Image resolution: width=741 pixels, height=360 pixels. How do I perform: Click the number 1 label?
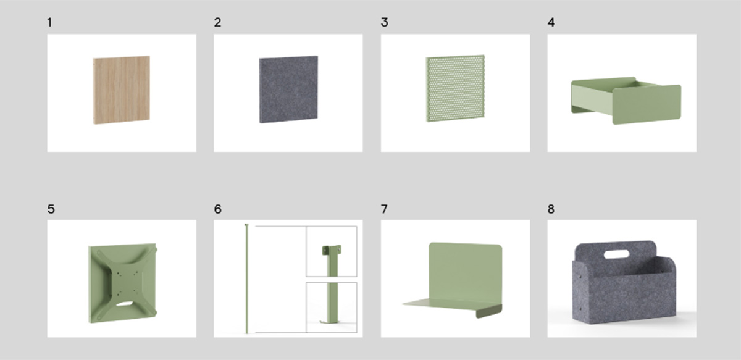(x=49, y=22)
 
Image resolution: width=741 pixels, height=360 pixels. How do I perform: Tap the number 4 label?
(x=551, y=22)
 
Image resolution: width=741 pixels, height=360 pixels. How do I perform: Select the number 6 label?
(x=217, y=209)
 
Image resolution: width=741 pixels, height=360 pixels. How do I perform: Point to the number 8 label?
(x=551, y=209)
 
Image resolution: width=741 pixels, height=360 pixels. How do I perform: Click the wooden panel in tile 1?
(x=122, y=90)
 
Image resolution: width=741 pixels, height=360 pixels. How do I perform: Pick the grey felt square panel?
(x=288, y=90)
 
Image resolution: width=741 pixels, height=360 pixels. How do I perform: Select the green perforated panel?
(x=456, y=88)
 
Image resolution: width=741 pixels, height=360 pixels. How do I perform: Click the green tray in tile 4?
(x=626, y=101)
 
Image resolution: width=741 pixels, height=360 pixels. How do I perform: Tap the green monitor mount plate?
(x=123, y=283)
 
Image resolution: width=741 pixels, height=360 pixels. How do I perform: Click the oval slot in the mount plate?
(x=122, y=303)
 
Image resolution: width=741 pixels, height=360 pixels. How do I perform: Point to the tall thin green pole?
(x=246, y=279)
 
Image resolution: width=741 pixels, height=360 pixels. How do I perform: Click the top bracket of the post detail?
(x=332, y=250)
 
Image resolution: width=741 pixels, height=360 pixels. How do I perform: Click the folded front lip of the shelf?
(x=489, y=312)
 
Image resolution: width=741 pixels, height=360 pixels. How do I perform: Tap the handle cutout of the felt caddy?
(x=617, y=254)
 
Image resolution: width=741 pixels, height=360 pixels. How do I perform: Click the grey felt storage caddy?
(x=624, y=283)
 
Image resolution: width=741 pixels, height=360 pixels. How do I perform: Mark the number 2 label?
(x=217, y=22)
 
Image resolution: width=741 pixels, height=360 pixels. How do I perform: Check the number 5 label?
(x=51, y=209)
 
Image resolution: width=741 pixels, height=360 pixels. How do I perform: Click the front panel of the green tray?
(x=647, y=104)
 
